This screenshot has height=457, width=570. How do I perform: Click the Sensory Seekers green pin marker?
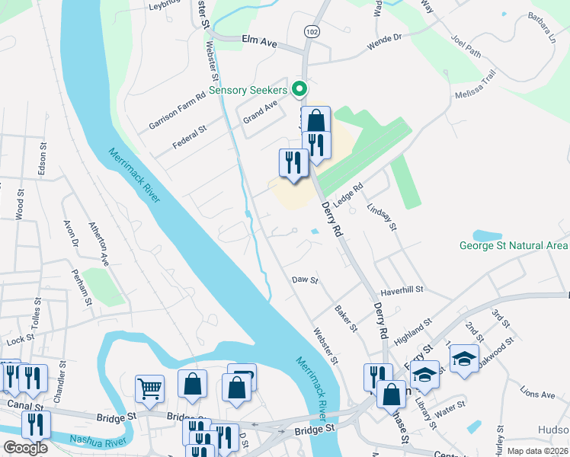[x=299, y=89]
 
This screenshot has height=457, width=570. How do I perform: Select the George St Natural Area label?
[x=513, y=246]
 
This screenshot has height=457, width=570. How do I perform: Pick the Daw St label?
[x=304, y=280]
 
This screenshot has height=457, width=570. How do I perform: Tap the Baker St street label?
[x=346, y=319]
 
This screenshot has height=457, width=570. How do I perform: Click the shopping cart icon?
[x=150, y=388]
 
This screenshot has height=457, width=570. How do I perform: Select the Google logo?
[x=25, y=448]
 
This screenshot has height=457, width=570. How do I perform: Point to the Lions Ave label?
[x=537, y=395]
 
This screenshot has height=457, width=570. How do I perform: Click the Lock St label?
[x=21, y=337]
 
